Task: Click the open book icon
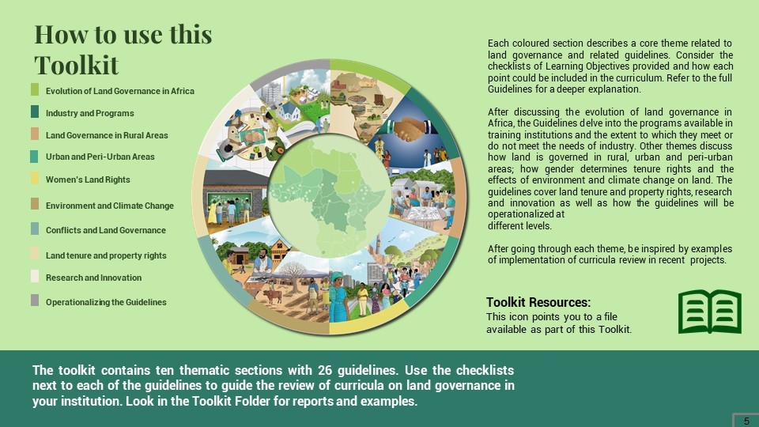pyautogui.click(x=710, y=312)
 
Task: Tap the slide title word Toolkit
pyautogui.click(x=77, y=65)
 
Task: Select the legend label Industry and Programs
pyautogui.click(x=90, y=113)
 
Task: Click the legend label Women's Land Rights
pyautogui.click(x=88, y=179)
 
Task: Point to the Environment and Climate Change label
pyautogui.click(x=110, y=206)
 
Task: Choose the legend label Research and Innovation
pyautogui.click(x=94, y=278)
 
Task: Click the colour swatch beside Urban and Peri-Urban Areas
pyautogui.click(x=34, y=157)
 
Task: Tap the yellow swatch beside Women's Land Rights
pyautogui.click(x=34, y=178)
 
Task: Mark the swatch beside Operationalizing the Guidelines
pyautogui.click(x=34, y=300)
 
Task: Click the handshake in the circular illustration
pyautogui.click(x=410, y=130)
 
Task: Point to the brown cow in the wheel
pyautogui.click(x=273, y=295)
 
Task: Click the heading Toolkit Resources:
pyautogui.click(x=538, y=303)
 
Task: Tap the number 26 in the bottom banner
pyautogui.click(x=324, y=370)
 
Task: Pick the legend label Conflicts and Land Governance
pyautogui.click(x=106, y=230)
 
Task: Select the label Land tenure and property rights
pyautogui.click(x=106, y=255)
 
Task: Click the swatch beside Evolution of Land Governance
pyautogui.click(x=34, y=89)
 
